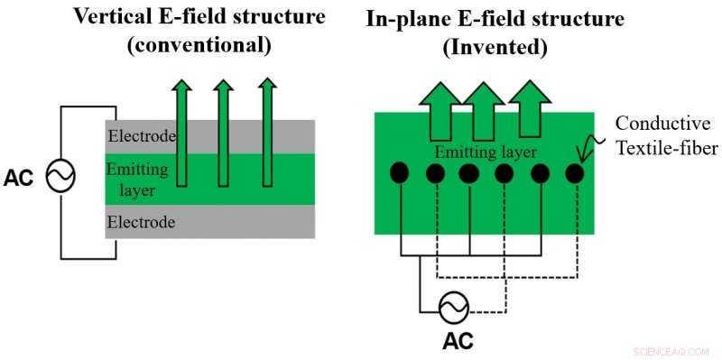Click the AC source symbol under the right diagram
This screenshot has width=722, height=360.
(451, 309)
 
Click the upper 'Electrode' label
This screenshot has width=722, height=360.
(141, 136)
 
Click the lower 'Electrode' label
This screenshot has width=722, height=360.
(141, 220)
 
